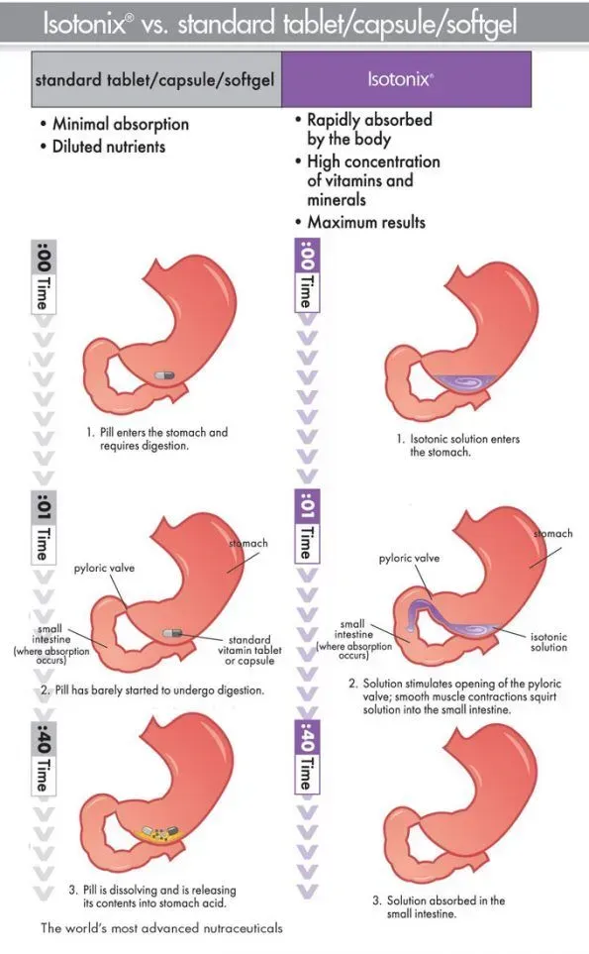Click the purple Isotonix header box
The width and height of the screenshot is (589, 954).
click(406, 79)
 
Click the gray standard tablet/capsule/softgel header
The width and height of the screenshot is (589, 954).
click(156, 79)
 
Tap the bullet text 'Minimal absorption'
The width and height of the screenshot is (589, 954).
click(121, 124)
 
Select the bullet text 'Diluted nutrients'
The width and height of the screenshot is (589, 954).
click(109, 147)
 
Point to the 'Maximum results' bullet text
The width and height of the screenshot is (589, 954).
click(366, 222)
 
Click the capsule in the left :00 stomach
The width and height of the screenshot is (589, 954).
click(164, 374)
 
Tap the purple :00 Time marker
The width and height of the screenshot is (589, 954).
click(307, 275)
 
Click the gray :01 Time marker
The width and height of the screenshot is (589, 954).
click(44, 528)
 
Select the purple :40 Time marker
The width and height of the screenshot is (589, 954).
click(307, 757)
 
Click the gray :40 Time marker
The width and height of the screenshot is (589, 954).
click(44, 758)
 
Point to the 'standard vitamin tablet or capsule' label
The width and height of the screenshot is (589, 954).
click(249, 650)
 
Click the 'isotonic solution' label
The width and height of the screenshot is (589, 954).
click(548, 641)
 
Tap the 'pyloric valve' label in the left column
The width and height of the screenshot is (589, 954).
click(104, 568)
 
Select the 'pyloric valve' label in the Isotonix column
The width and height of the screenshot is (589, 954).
click(409, 558)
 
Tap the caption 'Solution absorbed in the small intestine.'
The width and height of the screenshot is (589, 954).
click(439, 906)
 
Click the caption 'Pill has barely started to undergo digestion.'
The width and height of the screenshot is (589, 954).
click(152, 689)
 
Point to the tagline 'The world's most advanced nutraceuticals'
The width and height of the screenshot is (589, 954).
click(161, 928)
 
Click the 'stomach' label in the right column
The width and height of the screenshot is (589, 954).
click(553, 533)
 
